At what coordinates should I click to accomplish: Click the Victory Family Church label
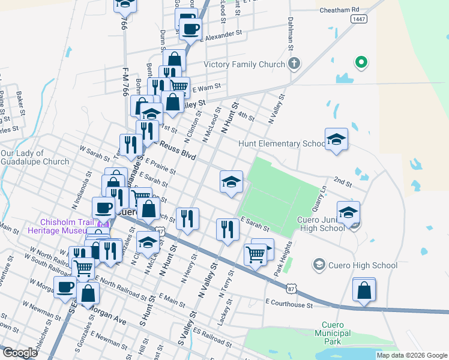point(244,64)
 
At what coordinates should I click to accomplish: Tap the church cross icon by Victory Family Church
point(294,64)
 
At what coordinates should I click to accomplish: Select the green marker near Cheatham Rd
point(361,62)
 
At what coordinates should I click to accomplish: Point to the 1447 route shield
point(359,19)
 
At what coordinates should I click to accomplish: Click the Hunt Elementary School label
point(282,144)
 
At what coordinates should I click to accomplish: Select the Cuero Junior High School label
point(316,223)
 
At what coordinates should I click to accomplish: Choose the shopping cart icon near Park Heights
point(256,254)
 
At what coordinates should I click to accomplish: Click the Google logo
point(20,353)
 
